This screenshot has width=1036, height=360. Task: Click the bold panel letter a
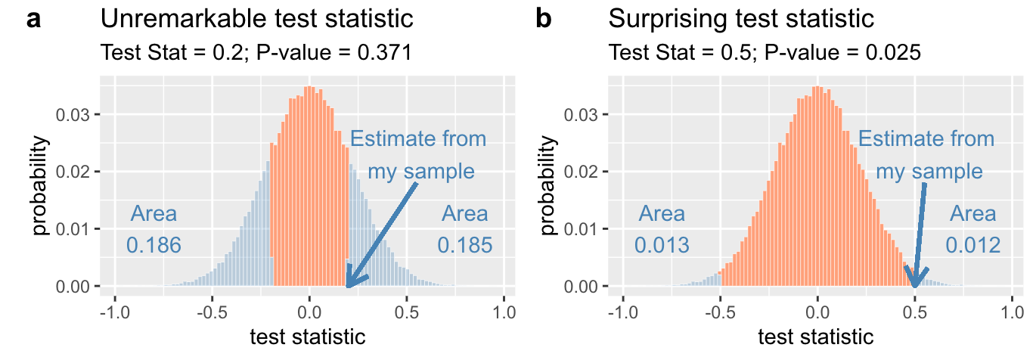click(35, 19)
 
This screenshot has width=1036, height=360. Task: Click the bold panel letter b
click(543, 19)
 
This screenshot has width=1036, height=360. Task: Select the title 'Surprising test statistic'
click(741, 19)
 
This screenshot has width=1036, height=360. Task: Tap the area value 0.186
click(154, 245)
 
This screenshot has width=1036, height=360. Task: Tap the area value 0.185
click(465, 245)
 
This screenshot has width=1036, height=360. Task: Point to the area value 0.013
click(662, 245)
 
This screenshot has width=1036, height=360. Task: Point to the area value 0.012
click(973, 245)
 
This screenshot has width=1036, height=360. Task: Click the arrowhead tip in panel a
click(347, 287)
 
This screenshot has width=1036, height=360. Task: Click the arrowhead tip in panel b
click(915, 287)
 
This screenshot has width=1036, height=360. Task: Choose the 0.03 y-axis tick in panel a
click(76, 115)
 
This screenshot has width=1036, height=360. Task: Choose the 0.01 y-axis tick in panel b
click(585, 229)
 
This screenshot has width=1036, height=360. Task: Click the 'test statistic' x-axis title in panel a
click(308, 337)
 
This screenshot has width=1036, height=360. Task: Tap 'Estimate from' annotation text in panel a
click(418, 139)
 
